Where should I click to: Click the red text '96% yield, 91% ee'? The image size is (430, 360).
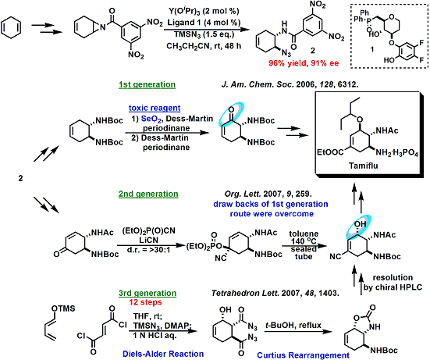[304, 63]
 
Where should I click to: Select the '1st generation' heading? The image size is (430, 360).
[147, 84]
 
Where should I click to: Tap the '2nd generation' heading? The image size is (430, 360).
[148, 194]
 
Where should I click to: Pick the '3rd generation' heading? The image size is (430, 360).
[147, 293]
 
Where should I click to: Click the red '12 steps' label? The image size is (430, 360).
[146, 302]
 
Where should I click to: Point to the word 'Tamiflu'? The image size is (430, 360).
[364, 166]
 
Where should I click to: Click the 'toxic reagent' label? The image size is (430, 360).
[155, 108]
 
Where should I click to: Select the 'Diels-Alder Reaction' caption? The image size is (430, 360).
[163, 354]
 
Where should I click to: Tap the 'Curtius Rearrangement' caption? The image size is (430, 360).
[304, 355]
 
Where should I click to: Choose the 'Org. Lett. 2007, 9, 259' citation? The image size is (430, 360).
[268, 194]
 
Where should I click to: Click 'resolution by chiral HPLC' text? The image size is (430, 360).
[393, 283]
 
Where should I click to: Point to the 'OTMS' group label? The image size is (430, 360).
[63, 308]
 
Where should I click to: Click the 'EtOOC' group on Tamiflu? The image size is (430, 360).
[330, 152]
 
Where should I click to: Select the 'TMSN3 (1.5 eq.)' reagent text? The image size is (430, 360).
[204, 34]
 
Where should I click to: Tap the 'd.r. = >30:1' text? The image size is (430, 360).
[148, 250]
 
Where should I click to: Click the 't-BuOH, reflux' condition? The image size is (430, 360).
[293, 326]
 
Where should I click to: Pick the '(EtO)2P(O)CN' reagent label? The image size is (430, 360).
[148, 231]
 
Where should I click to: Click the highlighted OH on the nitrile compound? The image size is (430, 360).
[361, 224]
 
